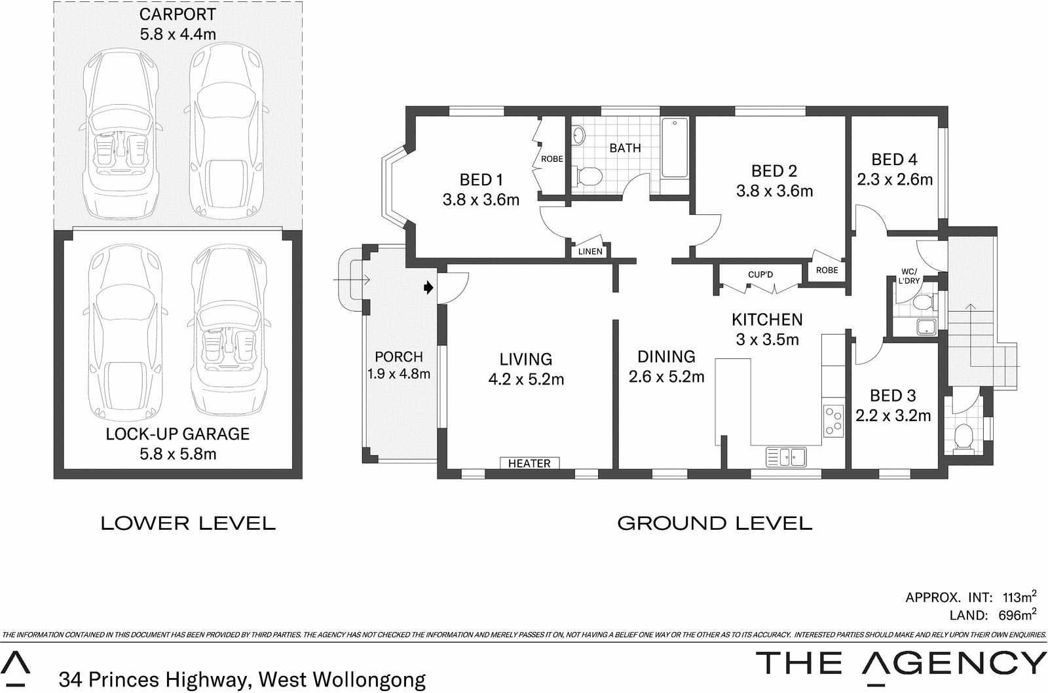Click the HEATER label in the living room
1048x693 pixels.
[x=529, y=463]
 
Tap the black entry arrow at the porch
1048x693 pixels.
[x=428, y=287]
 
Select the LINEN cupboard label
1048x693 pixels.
[x=590, y=252]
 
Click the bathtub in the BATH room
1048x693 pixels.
[x=674, y=148]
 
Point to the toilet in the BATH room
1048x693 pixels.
[x=588, y=176]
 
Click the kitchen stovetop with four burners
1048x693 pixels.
[x=833, y=421]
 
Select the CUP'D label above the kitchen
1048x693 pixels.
[x=760, y=274]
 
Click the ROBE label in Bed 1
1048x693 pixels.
[x=552, y=159]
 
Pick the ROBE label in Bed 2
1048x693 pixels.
[x=827, y=270]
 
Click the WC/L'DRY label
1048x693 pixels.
[x=910, y=276]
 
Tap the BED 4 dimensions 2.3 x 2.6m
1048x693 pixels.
[x=895, y=179]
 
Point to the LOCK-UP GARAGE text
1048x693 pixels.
[x=178, y=434]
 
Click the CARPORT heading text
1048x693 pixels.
[x=178, y=14]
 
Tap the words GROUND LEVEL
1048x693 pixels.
[x=715, y=523]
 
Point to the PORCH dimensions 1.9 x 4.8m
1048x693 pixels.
[x=398, y=374]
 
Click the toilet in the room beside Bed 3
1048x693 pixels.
[x=964, y=436]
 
